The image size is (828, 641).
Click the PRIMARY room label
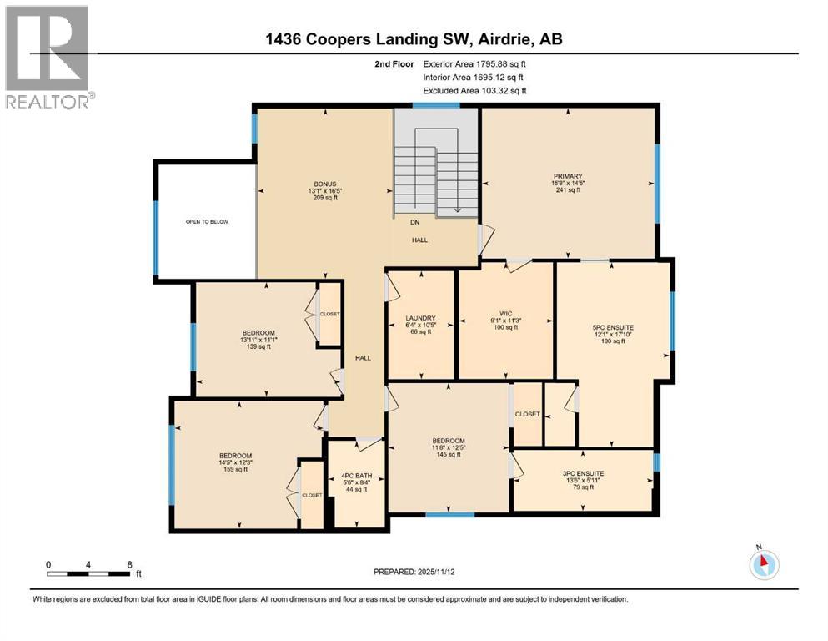click(567, 176)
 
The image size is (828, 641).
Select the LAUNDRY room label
click(420, 317)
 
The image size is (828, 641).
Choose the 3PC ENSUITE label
click(582, 472)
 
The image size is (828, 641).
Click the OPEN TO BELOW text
click(206, 222)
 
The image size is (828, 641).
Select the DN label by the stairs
click(414, 223)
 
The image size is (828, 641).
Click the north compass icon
click(762, 565)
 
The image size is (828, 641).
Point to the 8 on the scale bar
click(129, 564)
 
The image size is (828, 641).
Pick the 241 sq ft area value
click(567, 190)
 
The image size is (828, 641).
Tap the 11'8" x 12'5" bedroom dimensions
click(448, 447)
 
